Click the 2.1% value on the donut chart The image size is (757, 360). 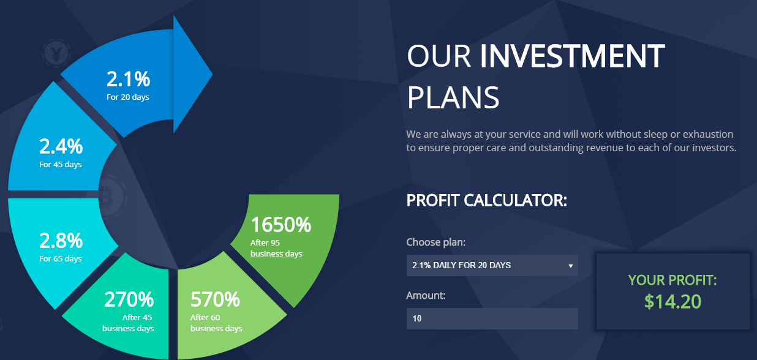(128, 79)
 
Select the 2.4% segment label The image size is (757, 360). (61, 146)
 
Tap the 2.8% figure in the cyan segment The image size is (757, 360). (61, 241)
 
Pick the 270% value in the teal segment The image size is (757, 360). (129, 299)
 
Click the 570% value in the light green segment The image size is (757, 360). (215, 299)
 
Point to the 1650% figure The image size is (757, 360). (281, 225)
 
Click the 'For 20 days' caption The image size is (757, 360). (128, 97)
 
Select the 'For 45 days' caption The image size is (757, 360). (61, 165)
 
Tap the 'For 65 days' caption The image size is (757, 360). (61, 259)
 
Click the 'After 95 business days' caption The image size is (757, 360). (276, 248)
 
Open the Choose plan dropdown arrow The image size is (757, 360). (570, 266)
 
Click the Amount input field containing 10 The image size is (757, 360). (492, 318)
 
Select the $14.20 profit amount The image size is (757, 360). (672, 301)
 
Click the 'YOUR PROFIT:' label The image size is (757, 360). (672, 280)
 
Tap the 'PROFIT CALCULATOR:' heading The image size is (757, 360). (486, 200)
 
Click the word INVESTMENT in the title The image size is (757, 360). (572, 56)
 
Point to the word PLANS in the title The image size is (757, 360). (453, 97)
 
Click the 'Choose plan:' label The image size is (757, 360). (436, 242)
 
